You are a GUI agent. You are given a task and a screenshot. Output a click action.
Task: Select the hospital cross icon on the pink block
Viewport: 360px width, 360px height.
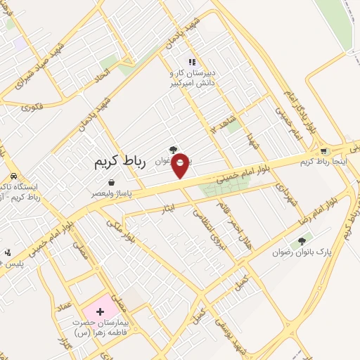(99, 310)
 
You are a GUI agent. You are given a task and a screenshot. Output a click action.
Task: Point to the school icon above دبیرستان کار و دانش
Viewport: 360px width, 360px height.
(192, 62)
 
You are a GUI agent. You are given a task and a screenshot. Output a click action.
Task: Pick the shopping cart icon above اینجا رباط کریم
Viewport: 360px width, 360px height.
(323, 151)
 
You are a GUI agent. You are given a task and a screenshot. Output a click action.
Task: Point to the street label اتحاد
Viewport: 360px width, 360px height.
(103, 73)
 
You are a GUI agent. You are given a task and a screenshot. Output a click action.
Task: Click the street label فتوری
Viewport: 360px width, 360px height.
(32, 108)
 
